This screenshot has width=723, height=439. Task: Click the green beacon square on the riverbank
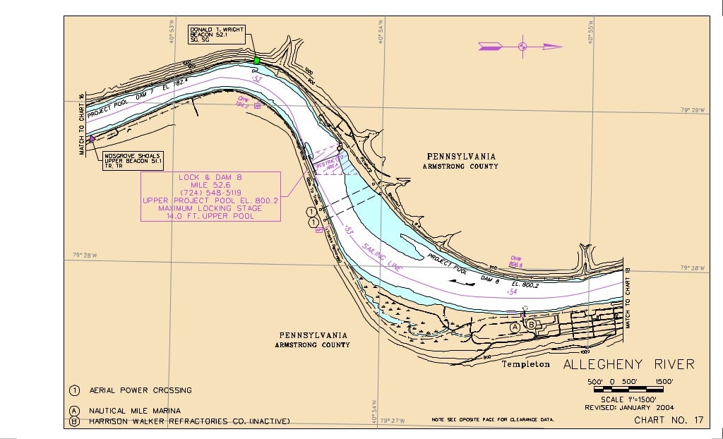coord(256,61)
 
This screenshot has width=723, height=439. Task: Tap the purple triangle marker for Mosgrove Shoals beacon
coord(92,139)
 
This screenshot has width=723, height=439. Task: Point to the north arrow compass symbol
coord(522,47)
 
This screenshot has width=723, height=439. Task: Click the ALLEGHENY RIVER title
coord(628,364)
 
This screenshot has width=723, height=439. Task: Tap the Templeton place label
coord(525,364)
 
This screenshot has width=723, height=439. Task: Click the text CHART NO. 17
coord(669,421)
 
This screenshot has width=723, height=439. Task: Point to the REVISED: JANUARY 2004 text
coord(629,407)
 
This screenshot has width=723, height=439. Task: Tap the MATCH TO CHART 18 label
coord(628,297)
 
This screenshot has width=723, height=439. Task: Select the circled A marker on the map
coord(515,327)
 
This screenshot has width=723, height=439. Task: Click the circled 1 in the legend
coord(74,390)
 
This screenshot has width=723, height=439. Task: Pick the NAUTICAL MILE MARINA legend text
coord(134,411)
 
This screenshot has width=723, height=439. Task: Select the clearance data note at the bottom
coord(493,420)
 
